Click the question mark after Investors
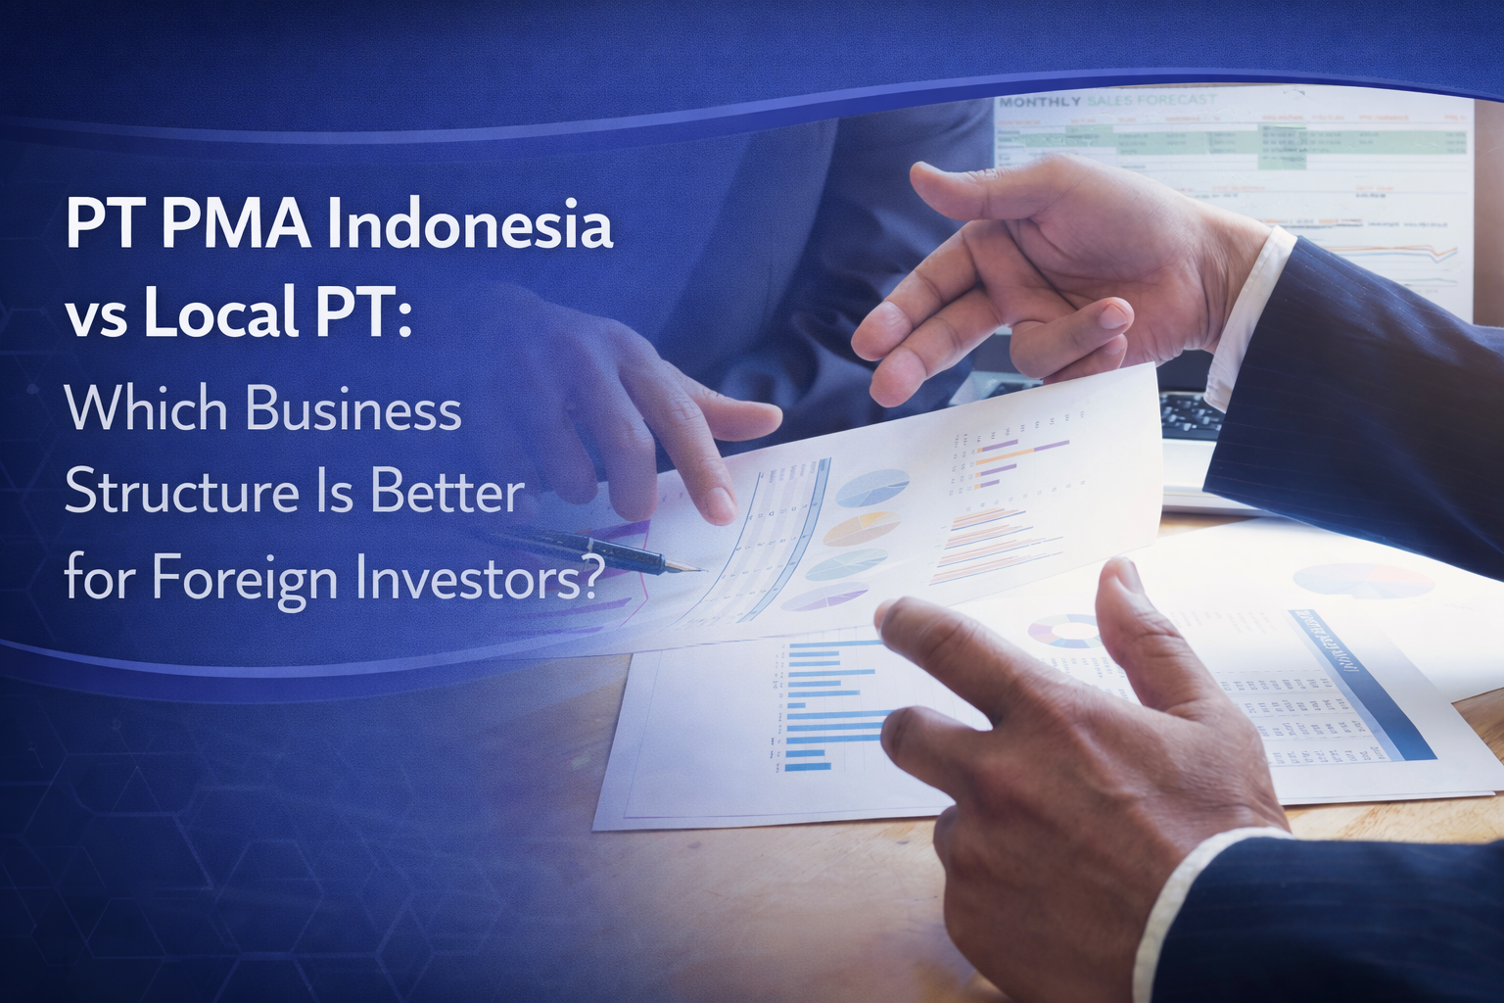tap(586, 578)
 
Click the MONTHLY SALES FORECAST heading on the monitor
tap(1106, 100)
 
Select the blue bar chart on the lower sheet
tap(822, 705)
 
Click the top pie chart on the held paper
tap(870, 487)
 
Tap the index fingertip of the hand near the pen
tap(721, 503)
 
